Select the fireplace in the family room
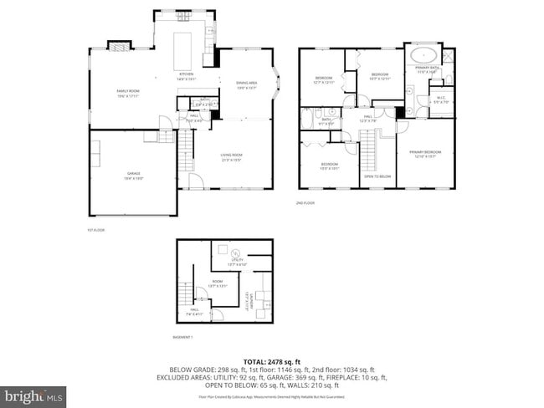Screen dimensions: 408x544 point(122,47)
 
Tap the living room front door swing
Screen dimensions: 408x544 point(195,181)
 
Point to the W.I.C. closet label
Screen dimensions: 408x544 point(441,101)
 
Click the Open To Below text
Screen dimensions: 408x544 point(378,176)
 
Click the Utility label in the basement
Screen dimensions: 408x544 point(237,261)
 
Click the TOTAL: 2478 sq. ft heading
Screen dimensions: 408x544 point(272,360)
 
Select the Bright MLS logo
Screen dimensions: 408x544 point(33,394)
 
